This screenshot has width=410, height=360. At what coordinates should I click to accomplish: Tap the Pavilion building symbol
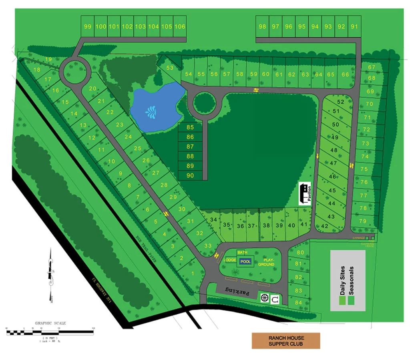click(305, 194)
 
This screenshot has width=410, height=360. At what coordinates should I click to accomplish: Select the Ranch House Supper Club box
click(286, 340)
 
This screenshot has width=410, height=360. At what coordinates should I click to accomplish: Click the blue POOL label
click(245, 261)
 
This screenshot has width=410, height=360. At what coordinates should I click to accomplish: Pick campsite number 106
click(180, 26)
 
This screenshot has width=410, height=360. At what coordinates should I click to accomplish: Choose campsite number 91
click(354, 26)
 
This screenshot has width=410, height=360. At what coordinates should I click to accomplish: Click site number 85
click(190, 128)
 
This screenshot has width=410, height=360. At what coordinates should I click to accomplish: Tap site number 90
click(190, 175)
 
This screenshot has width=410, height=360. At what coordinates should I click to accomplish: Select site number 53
click(170, 68)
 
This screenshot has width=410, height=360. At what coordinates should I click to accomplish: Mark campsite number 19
click(48, 59)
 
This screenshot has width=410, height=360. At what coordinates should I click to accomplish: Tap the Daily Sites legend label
click(342, 280)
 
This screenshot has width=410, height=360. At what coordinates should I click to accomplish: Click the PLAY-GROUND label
click(266, 262)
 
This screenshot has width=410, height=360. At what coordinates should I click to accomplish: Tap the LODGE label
click(229, 260)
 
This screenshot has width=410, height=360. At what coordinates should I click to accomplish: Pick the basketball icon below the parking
click(264, 298)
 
